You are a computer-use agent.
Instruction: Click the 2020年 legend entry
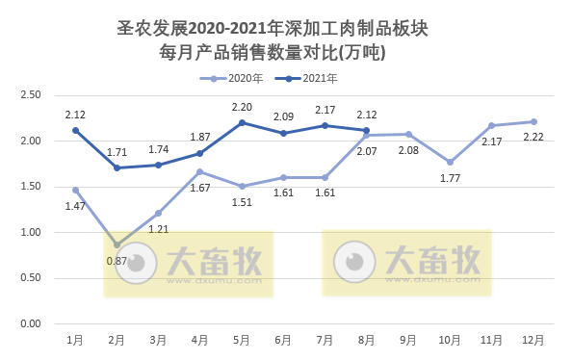(230, 78)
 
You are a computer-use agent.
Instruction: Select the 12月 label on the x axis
(533, 340)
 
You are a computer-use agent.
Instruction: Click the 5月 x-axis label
(242, 340)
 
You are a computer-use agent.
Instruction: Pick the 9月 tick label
(408, 340)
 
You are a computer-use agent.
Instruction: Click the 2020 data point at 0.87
(117, 244)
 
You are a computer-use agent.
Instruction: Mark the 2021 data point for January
(75, 130)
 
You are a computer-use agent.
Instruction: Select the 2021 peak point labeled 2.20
(242, 122)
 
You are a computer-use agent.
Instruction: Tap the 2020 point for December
(533, 121)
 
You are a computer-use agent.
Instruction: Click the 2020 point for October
(450, 162)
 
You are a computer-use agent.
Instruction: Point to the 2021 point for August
(367, 130)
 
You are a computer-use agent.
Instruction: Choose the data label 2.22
(533, 138)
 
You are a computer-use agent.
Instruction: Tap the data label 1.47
(75, 206)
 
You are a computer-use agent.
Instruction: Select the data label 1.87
(200, 138)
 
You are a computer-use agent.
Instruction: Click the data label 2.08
(408, 150)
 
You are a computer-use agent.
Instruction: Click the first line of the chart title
(285, 30)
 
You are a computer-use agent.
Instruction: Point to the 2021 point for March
(158, 165)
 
